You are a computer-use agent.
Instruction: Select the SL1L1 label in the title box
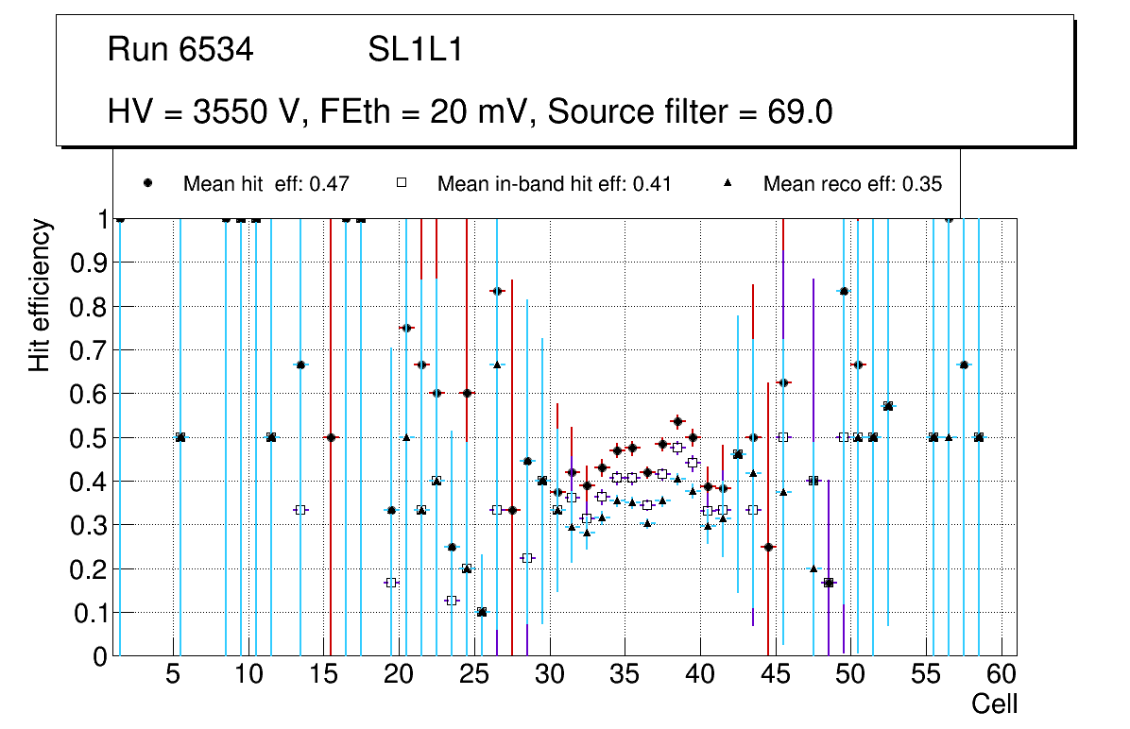pyautogui.click(x=416, y=51)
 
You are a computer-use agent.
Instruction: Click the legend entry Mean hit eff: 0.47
pyautogui.click(x=266, y=184)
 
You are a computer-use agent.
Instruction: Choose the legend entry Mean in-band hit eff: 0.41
pyautogui.click(x=554, y=184)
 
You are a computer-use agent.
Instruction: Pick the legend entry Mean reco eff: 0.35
pyautogui.click(x=852, y=184)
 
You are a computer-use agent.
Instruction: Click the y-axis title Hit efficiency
pyautogui.click(x=40, y=295)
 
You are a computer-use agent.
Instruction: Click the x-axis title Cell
pyautogui.click(x=995, y=704)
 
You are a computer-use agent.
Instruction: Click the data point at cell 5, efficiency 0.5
pyautogui.click(x=180, y=437)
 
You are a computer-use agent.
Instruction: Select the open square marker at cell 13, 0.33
pyautogui.click(x=300, y=510)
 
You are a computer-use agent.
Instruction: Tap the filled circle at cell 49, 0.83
pyautogui.click(x=844, y=292)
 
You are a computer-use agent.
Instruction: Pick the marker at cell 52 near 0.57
pyautogui.click(x=888, y=406)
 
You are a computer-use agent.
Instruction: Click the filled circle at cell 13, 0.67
pyautogui.click(x=300, y=364)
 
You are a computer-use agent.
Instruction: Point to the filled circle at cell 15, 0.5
pyautogui.click(x=331, y=437)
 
